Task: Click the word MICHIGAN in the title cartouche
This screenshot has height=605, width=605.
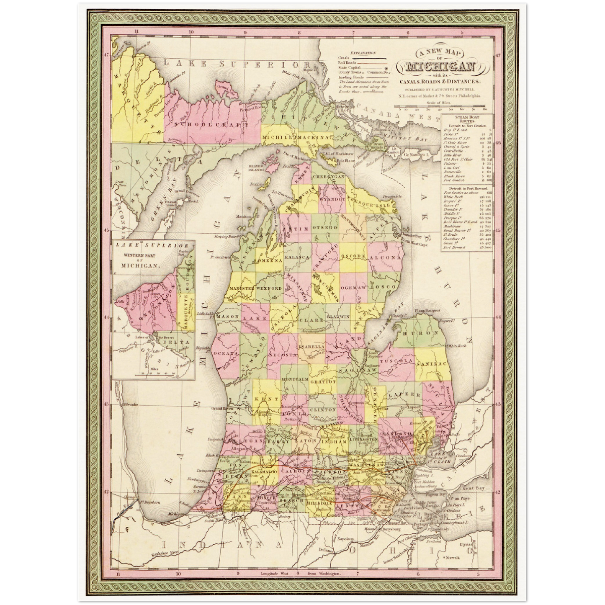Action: point(439,67)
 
